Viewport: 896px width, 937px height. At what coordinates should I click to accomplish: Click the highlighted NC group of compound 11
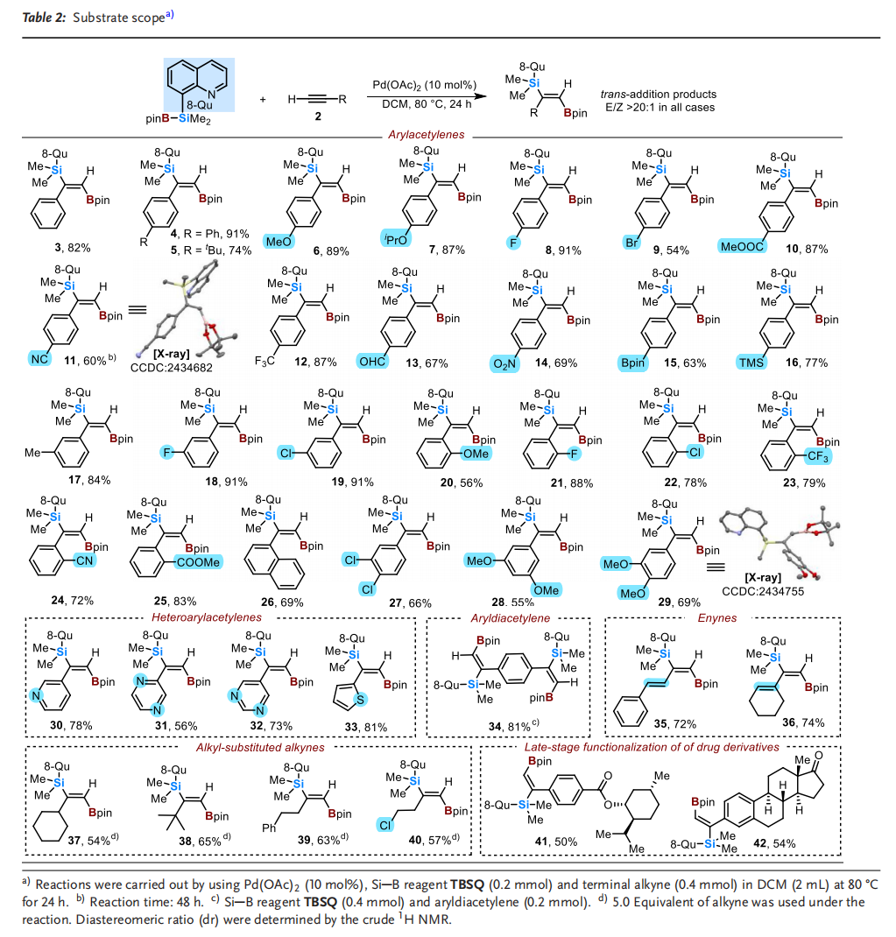click(x=36, y=358)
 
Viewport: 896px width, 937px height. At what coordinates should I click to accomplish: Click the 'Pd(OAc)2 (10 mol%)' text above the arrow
click(x=421, y=84)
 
